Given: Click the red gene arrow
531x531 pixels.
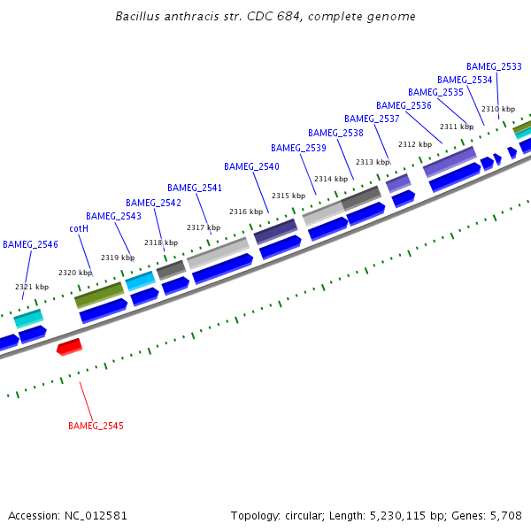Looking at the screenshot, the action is click(x=69, y=346).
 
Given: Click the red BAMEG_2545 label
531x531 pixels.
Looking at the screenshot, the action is click(x=96, y=426).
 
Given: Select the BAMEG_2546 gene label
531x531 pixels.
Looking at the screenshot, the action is click(x=30, y=244).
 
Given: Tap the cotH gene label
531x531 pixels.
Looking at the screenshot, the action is click(x=79, y=228).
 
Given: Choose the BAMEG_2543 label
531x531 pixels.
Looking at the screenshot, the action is click(x=113, y=216).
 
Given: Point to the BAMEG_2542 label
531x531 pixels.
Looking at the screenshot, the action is click(x=153, y=203).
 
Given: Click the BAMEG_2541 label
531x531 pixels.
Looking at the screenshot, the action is click(x=195, y=188).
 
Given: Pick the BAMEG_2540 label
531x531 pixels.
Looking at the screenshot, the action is click(x=251, y=166).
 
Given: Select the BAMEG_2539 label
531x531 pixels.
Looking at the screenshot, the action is click(x=298, y=148).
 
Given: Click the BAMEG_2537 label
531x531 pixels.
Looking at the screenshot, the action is click(x=372, y=119).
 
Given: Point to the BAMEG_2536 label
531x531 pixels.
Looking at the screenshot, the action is click(x=404, y=105).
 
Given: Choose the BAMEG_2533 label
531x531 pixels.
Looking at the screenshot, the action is click(x=494, y=66).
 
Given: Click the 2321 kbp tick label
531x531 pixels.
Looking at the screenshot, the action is click(x=32, y=287).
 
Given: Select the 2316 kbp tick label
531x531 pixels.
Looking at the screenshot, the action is click(x=246, y=212).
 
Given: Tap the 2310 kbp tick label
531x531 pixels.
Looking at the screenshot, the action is click(x=498, y=109).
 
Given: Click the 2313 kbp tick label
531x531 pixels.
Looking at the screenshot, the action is click(x=373, y=162).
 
